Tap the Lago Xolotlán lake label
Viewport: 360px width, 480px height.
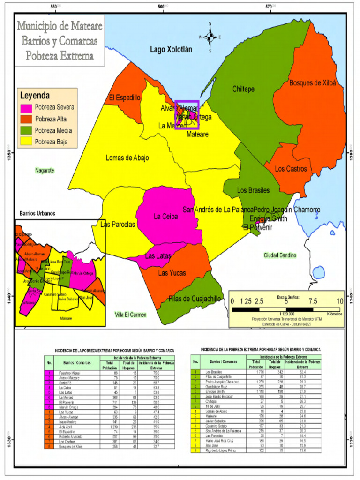(171, 49)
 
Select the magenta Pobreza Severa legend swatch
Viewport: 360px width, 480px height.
(26, 107)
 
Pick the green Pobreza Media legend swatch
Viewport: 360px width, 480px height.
(26, 131)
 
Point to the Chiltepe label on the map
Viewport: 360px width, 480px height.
(243, 89)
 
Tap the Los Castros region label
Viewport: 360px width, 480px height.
(291, 168)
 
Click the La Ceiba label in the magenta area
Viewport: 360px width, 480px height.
(165, 217)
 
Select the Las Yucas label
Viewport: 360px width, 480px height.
(172, 273)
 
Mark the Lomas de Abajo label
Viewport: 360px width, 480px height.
(127, 158)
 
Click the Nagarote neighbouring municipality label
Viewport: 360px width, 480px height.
(45, 170)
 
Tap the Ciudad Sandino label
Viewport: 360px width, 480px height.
(280, 255)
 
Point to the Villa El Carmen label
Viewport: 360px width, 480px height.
(131, 315)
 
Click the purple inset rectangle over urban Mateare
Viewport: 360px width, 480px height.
(187, 114)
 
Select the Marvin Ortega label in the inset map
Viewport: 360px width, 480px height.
(83, 273)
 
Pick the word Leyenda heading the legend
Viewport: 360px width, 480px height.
(35, 95)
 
